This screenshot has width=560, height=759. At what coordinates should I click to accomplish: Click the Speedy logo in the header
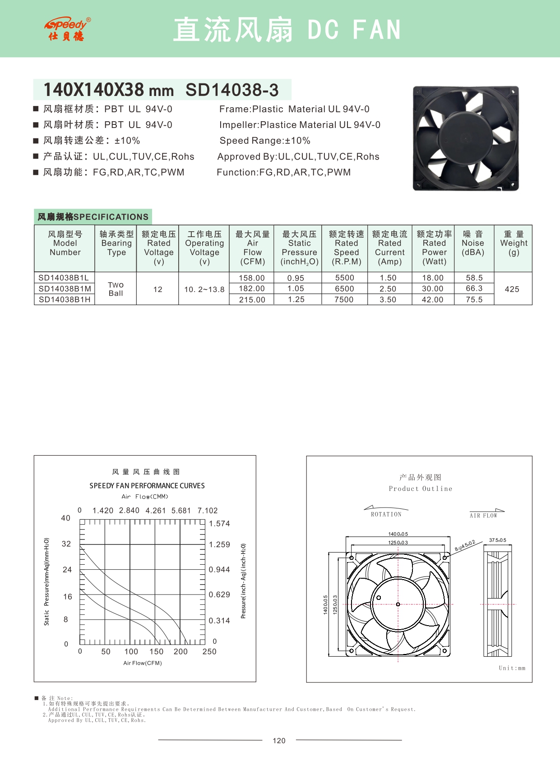(67, 29)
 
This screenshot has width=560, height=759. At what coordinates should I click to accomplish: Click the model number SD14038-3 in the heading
(232, 90)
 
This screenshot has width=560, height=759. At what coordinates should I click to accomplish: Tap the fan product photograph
(466, 138)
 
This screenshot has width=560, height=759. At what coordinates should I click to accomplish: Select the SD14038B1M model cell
(65, 289)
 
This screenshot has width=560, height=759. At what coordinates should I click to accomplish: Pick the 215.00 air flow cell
(252, 300)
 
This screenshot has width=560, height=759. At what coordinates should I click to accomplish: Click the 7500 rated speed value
(344, 300)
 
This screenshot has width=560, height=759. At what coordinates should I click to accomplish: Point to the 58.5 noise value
(474, 278)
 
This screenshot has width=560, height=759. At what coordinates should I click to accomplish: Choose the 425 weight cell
(512, 289)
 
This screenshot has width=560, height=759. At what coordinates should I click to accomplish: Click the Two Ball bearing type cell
(116, 289)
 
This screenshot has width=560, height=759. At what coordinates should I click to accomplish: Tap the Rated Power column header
(434, 248)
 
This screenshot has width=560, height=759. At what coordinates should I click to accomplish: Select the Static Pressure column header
(299, 248)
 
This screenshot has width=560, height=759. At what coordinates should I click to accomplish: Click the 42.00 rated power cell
(432, 300)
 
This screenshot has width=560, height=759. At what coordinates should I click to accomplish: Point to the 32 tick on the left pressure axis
(66, 544)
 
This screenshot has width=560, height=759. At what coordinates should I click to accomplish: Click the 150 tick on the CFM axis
(156, 652)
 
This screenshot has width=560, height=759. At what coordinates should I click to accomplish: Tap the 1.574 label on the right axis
(219, 524)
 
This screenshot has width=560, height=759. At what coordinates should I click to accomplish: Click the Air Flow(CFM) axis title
(143, 663)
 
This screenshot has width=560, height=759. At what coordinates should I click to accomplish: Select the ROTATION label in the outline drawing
(386, 514)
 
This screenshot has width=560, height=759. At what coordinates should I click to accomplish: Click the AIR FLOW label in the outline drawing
(483, 516)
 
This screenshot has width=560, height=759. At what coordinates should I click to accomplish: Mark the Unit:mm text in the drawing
(512, 668)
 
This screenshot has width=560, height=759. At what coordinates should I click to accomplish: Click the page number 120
(279, 741)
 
